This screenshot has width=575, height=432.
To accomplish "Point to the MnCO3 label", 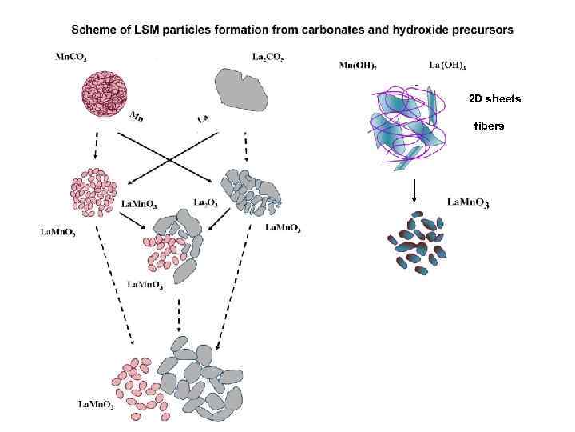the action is [71, 56].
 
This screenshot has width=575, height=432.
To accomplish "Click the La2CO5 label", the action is [268, 56].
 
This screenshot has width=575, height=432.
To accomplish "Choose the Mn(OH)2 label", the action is [359, 64].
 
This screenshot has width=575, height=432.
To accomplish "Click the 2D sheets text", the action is [494, 98].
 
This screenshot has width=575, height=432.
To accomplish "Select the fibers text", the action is [489, 126].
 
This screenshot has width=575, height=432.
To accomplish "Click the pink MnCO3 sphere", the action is [111, 94].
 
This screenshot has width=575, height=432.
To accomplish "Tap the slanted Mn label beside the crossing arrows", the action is [138, 118].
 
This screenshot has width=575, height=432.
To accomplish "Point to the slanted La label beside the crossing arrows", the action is [203, 118].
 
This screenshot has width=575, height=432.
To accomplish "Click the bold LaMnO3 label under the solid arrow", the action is [468, 202].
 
